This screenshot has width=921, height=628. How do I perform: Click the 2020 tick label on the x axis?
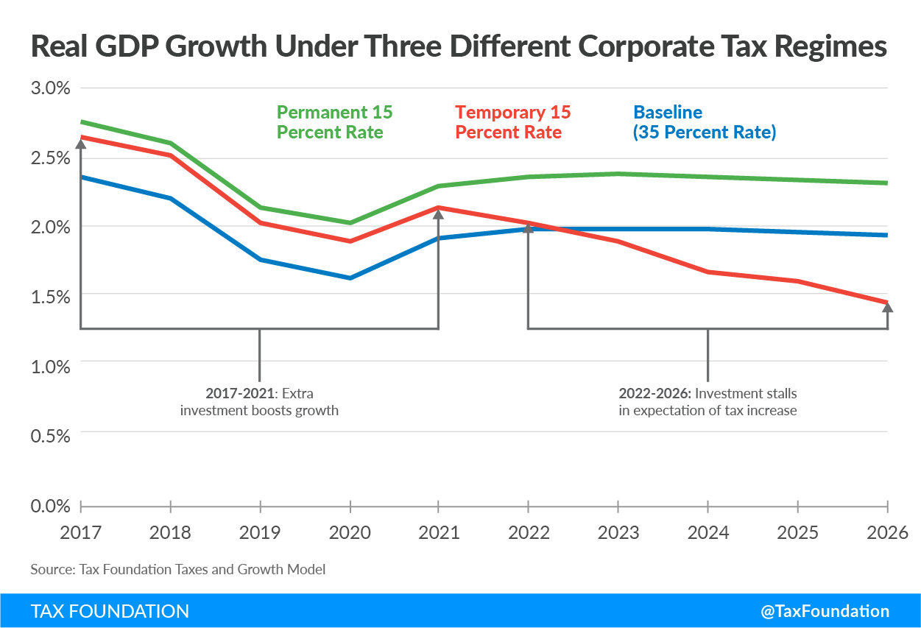coord(349,532)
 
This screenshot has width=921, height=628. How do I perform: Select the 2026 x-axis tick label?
coord(886,532)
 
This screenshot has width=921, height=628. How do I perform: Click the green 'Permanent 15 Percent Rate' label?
coord(334,122)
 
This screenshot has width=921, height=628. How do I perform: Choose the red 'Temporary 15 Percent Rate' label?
coord(512,122)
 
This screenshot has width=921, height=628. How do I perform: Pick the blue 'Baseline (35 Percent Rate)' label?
coord(705,122)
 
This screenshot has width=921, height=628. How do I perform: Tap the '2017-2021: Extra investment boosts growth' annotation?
coord(259,401)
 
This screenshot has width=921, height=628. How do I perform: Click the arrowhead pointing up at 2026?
coord(887,307)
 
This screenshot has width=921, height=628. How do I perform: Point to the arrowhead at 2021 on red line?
coord(439,213)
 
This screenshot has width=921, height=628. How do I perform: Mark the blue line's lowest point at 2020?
coord(350,278)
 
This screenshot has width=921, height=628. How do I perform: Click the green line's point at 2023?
coord(618,174)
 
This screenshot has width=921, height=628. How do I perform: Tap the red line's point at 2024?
coord(707,272)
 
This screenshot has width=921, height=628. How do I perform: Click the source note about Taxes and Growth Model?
coord(177,569)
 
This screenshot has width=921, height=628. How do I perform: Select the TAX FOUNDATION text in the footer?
coord(110,611)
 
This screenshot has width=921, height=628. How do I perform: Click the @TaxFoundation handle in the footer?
coord(825,611)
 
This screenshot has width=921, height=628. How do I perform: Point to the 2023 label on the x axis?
coord(618,532)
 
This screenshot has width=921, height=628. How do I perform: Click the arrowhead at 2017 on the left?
coord(80,143)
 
